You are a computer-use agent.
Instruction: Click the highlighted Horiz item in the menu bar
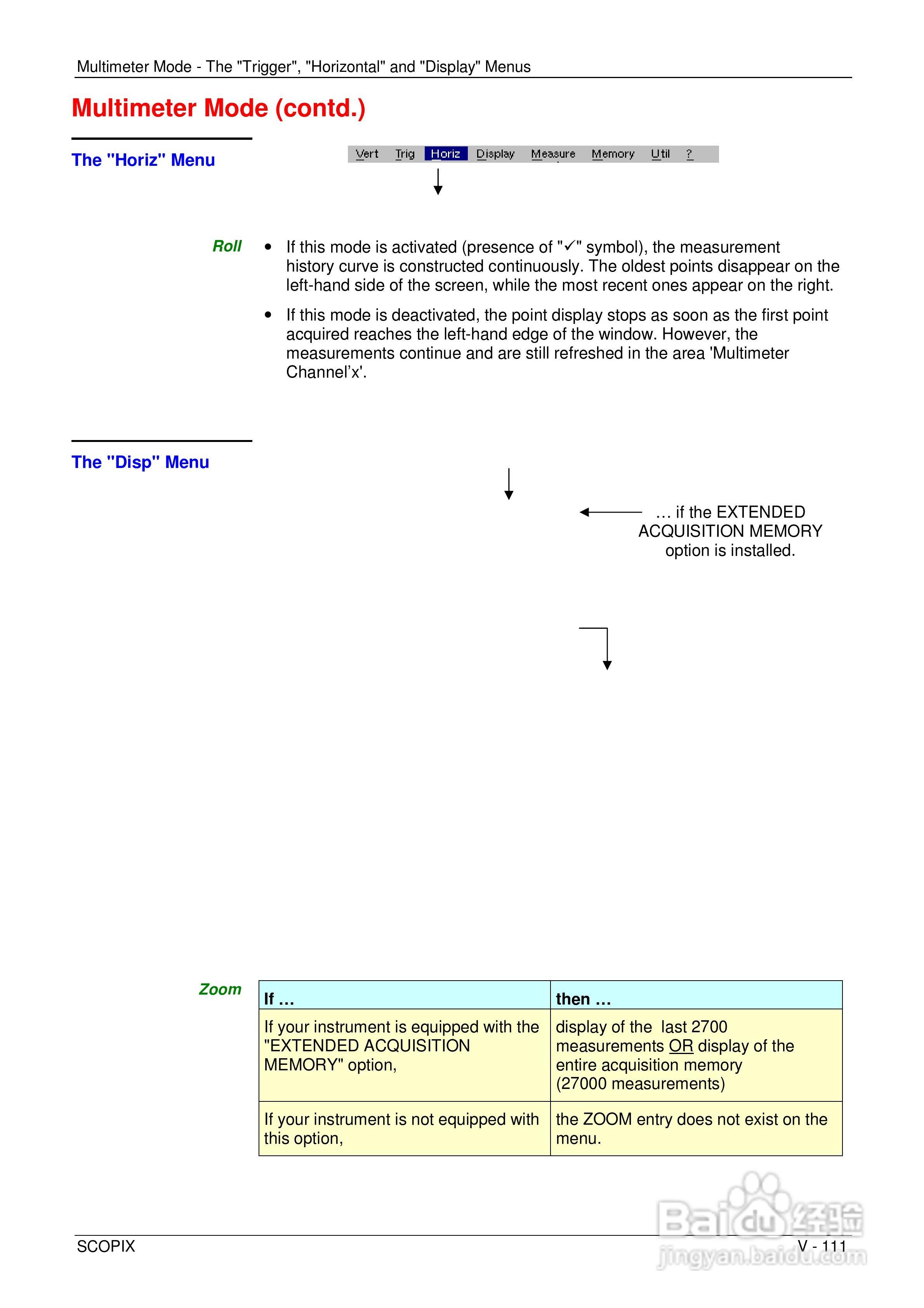click(x=445, y=154)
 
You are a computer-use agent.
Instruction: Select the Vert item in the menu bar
click(x=367, y=154)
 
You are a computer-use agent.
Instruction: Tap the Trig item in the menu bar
click(x=405, y=154)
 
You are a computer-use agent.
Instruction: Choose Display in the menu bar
click(x=495, y=154)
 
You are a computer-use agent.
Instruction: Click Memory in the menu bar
click(x=612, y=154)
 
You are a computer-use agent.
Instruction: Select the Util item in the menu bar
click(x=660, y=154)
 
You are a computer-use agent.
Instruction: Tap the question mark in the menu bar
click(x=689, y=154)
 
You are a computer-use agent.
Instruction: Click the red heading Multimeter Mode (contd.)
click(x=218, y=108)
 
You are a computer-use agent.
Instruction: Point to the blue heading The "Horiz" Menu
click(x=143, y=160)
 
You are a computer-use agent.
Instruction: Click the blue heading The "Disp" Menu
click(x=140, y=462)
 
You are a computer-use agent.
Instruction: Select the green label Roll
click(x=227, y=246)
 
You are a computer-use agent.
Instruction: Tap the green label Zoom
click(x=220, y=990)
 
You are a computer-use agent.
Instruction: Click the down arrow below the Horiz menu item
click(x=438, y=182)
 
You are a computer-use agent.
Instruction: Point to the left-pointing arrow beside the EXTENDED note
click(x=610, y=512)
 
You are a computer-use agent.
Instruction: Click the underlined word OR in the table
click(x=681, y=1046)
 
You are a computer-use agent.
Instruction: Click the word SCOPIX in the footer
click(x=106, y=1247)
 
